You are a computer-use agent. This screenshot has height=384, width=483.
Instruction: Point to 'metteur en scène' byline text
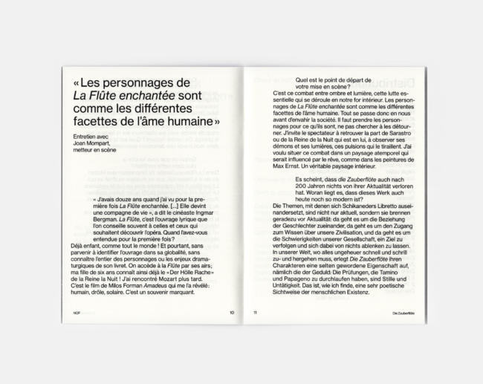pyautogui.click(x=90, y=151)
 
